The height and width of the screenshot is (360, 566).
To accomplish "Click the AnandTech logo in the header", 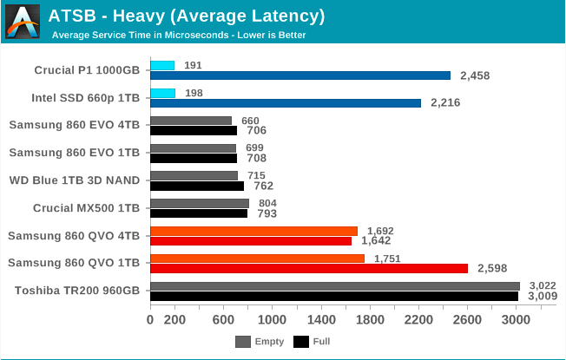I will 22,22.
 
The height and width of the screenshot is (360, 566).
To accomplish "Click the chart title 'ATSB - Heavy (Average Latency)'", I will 187,16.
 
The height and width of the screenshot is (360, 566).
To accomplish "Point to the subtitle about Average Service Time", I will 178,36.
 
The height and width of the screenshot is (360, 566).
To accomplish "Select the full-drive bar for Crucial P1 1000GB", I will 300,75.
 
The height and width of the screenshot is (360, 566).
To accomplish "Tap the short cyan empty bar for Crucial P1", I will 162,65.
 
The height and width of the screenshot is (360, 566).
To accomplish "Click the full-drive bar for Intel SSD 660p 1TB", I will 286,102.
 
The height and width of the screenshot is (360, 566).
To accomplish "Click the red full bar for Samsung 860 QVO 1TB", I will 309,268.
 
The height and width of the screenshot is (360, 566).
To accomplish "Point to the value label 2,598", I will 490,269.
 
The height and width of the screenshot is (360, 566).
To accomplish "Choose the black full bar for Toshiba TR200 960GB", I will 334,296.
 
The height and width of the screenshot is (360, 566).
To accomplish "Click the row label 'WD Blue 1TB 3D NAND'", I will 74,180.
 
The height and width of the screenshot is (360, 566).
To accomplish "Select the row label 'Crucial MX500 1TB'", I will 86,208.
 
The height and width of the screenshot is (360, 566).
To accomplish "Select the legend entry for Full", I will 314,342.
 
